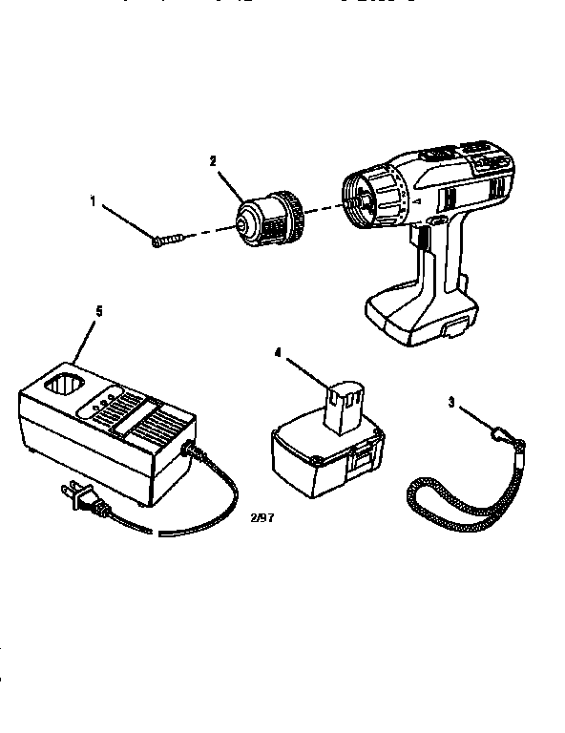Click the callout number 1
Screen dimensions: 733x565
(93, 200)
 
